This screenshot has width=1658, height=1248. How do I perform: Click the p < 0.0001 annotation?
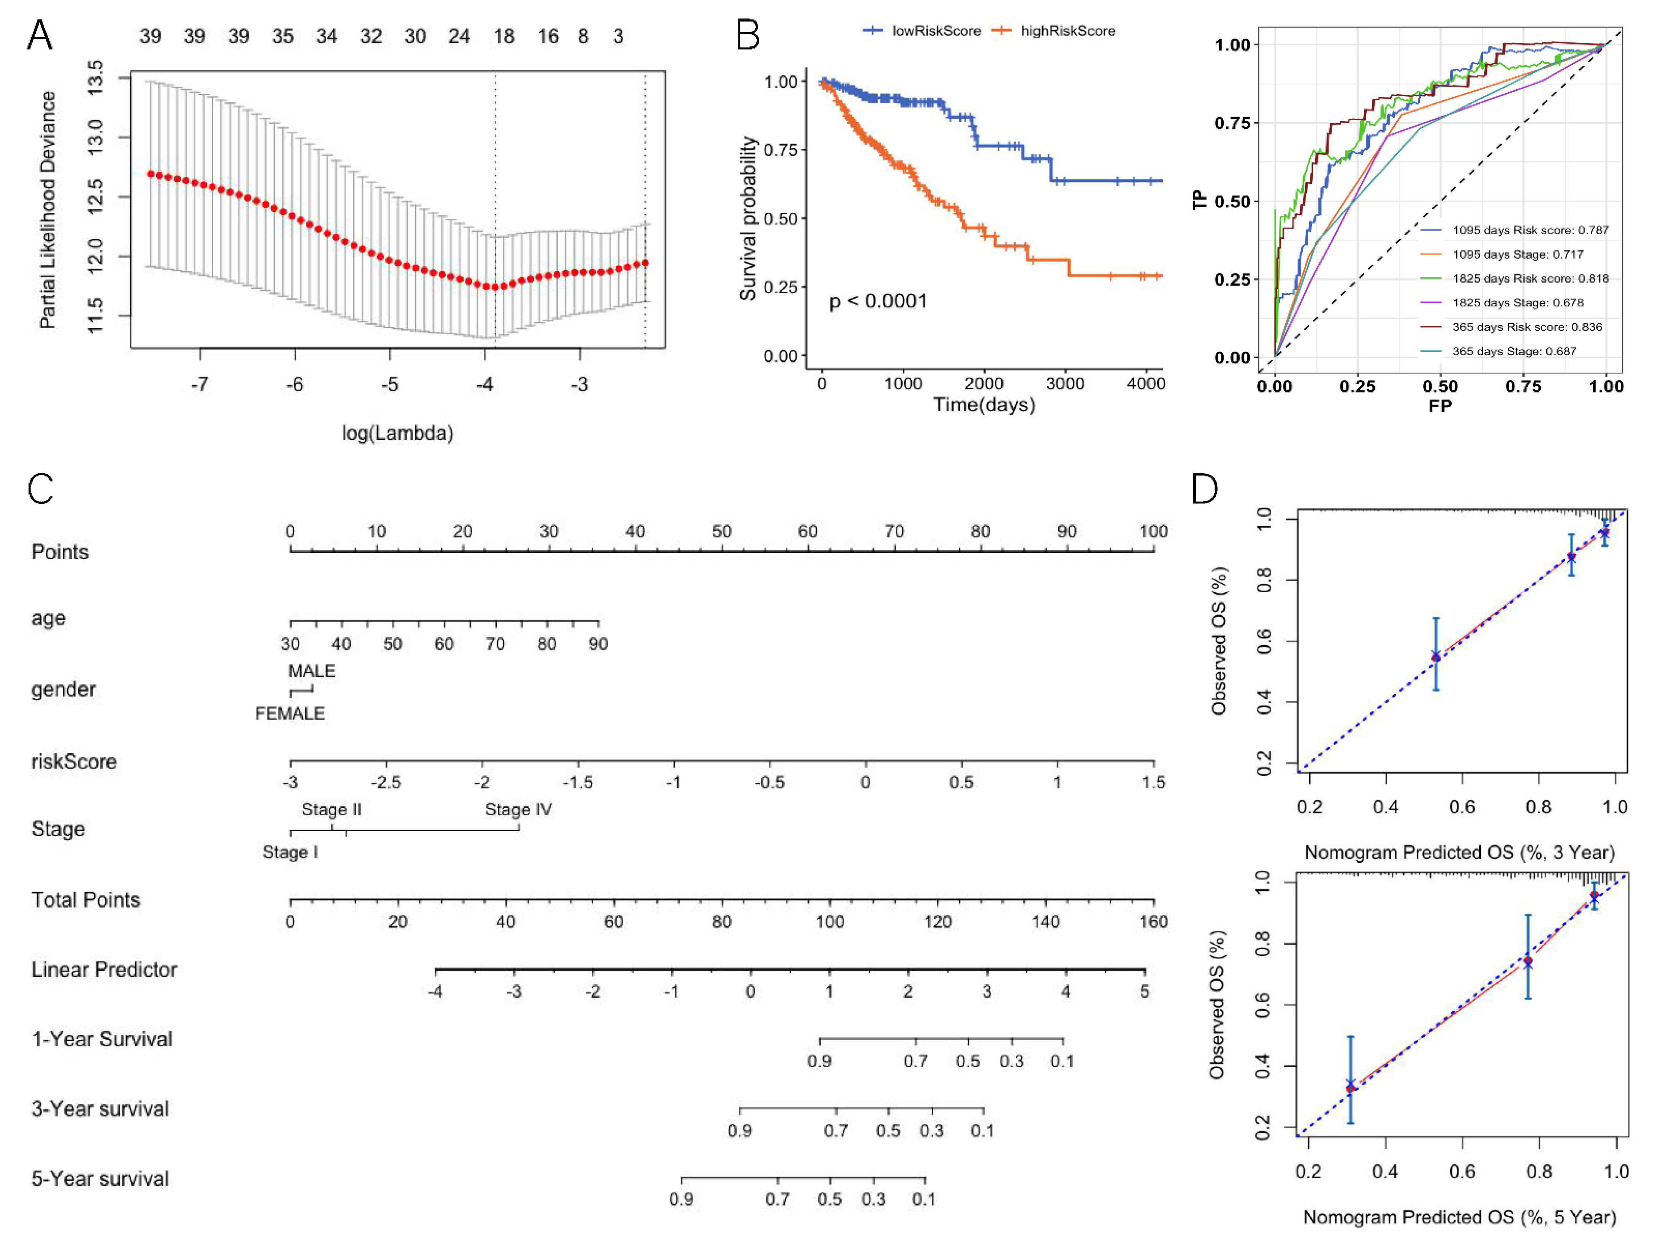878,301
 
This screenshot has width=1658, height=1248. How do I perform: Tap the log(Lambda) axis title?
397,433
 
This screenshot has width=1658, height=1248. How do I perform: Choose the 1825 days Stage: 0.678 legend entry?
1517,303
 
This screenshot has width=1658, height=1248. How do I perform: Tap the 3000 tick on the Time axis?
1064,384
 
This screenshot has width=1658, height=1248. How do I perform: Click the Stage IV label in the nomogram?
518,810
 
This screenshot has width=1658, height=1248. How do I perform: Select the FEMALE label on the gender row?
290,713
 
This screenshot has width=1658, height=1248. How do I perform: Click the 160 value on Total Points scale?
1154,922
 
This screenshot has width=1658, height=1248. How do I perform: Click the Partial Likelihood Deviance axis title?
47,210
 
